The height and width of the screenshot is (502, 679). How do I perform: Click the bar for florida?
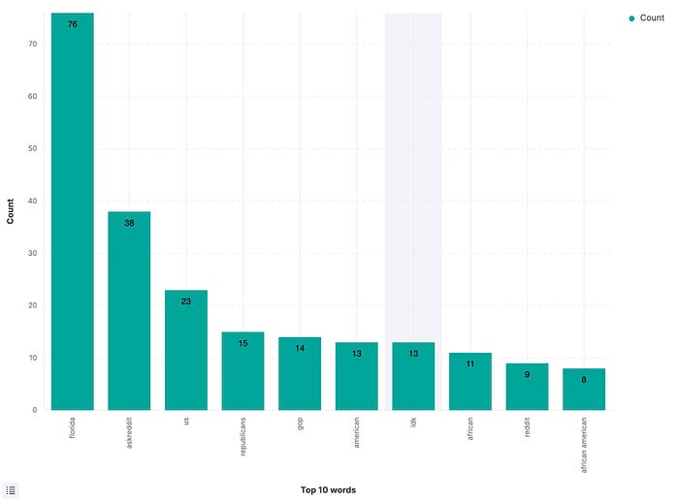(73, 211)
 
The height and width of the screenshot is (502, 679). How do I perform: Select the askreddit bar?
(129, 311)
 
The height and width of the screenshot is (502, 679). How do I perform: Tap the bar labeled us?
(186, 350)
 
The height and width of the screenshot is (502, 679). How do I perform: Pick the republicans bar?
(242, 371)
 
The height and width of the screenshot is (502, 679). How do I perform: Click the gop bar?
(300, 373)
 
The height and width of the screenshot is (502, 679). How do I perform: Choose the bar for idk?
(413, 376)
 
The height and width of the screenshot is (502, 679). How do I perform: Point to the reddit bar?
(527, 387)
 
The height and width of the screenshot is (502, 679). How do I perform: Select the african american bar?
(584, 389)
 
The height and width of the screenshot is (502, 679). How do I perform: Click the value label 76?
(73, 24)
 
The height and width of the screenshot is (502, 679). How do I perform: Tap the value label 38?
(129, 223)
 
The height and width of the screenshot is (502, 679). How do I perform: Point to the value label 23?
(186, 301)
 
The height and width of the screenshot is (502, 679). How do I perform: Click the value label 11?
(470, 364)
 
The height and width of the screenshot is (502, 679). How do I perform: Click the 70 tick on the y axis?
(32, 44)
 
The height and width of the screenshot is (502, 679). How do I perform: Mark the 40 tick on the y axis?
(32, 201)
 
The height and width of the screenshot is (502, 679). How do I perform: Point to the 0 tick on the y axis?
(35, 410)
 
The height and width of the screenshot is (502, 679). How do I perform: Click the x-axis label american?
(356, 432)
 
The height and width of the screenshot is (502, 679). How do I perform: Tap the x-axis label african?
(470, 428)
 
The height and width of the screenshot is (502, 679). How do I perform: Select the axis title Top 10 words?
(328, 489)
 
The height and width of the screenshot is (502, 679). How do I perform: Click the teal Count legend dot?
(631, 18)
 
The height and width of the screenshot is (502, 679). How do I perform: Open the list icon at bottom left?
(11, 490)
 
